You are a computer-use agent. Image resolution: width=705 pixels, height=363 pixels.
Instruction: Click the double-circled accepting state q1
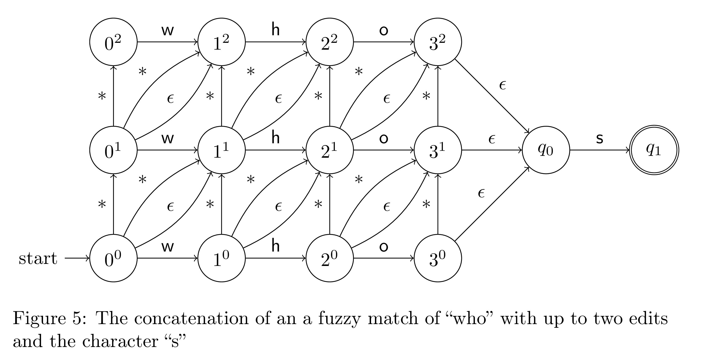(x=654, y=150)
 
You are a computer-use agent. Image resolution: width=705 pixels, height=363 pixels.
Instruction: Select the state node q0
(x=546, y=150)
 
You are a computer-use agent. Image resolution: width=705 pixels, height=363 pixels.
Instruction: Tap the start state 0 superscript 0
(x=113, y=258)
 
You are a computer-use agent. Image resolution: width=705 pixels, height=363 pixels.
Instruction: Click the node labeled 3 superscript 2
(x=438, y=42)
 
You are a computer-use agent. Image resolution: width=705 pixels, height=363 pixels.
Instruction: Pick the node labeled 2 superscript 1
(x=330, y=150)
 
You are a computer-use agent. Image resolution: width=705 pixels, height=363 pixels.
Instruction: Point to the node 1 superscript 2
(x=221, y=42)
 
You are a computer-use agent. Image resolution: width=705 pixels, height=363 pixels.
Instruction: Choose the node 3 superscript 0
(x=438, y=258)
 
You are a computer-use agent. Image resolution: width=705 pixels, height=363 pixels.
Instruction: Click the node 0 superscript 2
(x=113, y=42)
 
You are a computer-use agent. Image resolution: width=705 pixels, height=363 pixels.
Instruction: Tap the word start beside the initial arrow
(x=38, y=258)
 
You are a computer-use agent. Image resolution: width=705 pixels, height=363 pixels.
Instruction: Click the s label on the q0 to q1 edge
(x=599, y=139)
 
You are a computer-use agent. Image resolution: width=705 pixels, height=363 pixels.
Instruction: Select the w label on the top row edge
(x=168, y=31)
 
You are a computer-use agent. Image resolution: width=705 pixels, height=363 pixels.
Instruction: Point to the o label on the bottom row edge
(x=384, y=247)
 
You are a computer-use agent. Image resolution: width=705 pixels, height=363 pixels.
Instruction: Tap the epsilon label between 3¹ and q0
(x=492, y=140)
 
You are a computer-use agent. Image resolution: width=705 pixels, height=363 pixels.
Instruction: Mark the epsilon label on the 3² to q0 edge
(x=502, y=85)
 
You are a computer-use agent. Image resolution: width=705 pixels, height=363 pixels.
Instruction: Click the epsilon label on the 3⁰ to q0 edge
(x=481, y=193)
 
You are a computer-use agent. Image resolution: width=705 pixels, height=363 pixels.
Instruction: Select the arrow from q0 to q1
(x=599, y=150)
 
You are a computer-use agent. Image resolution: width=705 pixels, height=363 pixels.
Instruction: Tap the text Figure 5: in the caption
(x=49, y=319)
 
